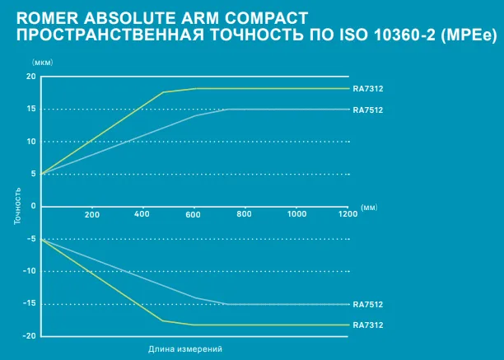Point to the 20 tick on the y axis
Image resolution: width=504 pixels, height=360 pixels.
tap(31, 77)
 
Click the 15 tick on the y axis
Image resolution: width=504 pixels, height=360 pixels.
tap(31, 109)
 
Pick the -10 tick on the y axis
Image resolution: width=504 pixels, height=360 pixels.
tap(30, 271)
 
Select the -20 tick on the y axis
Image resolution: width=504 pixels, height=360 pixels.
tap(30, 336)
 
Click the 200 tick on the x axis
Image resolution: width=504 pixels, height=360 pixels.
tap(91, 214)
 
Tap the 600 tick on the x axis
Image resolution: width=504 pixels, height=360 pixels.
tap(194, 214)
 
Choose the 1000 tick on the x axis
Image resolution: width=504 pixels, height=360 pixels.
tap(296, 214)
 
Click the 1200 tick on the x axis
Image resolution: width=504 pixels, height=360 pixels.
tap(347, 214)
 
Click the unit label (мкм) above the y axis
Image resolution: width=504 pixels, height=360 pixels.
tap(41, 62)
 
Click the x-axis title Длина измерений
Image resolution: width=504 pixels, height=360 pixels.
tap(185, 349)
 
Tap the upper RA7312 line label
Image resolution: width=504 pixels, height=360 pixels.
tap(367, 88)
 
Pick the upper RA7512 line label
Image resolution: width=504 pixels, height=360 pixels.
tap(367, 110)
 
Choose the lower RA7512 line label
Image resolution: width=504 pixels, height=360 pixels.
tap(367, 304)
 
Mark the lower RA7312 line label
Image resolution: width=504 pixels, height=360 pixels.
tap(367, 325)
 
